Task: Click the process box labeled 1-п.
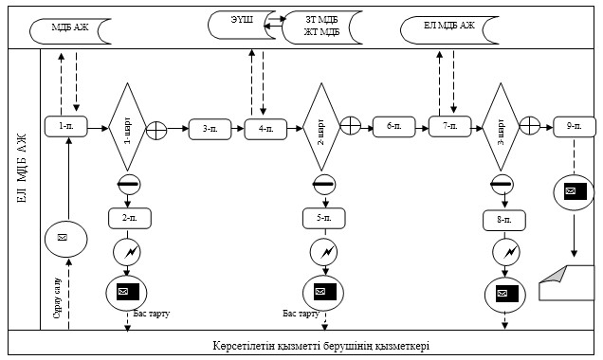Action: click(x=66, y=126)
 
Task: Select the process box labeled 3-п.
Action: click(x=210, y=129)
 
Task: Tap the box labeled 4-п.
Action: click(x=265, y=129)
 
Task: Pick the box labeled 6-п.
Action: click(x=394, y=127)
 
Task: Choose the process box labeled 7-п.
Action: click(x=450, y=126)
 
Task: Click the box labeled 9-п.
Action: click(x=575, y=126)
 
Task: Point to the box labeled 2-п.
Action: click(x=130, y=218)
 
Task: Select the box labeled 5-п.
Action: click(x=324, y=218)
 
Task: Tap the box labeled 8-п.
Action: click(x=504, y=220)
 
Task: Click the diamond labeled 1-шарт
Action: click(x=128, y=127)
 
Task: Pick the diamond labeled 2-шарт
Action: click(x=321, y=127)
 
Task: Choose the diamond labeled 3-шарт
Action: click(x=501, y=127)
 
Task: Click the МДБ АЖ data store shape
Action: click(x=70, y=31)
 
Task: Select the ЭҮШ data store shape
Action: click(x=243, y=25)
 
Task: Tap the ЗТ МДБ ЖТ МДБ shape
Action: click(x=322, y=27)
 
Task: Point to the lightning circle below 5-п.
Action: click(x=324, y=252)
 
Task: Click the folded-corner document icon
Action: click(x=567, y=282)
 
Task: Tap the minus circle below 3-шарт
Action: click(x=502, y=185)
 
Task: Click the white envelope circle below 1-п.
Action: click(x=66, y=239)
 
